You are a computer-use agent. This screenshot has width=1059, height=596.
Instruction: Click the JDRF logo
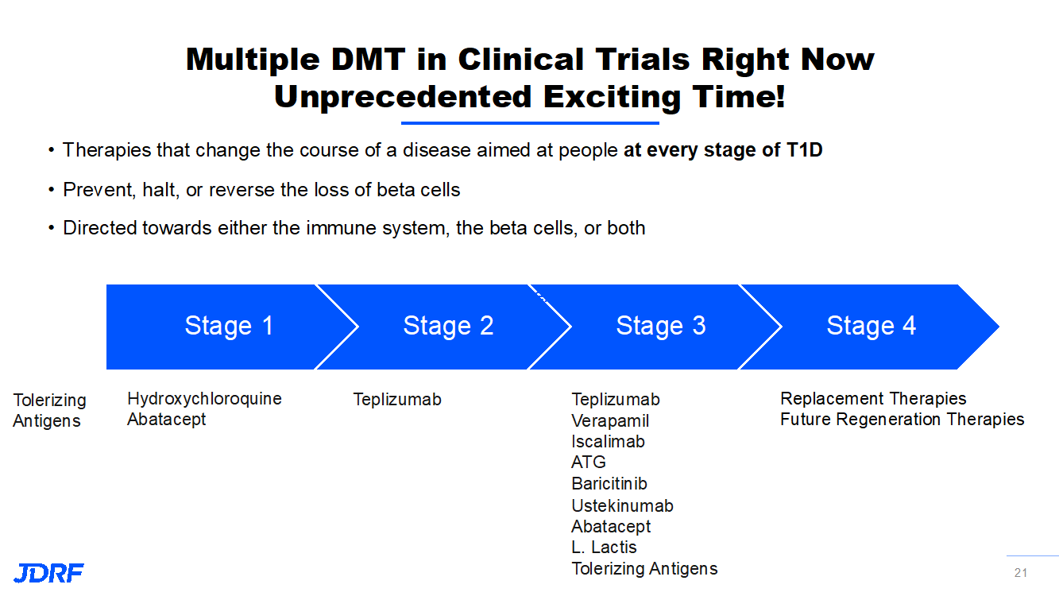tap(48, 573)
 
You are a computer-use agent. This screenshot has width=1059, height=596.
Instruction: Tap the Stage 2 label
tap(448, 326)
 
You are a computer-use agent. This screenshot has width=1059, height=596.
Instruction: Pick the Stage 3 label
tap(661, 326)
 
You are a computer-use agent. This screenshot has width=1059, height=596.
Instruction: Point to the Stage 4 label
tap(872, 326)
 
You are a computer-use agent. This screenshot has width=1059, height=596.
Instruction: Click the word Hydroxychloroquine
tap(204, 399)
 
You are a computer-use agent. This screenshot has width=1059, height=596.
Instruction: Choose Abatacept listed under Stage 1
tap(166, 420)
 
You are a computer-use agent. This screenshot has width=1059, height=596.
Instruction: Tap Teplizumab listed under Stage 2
tap(397, 400)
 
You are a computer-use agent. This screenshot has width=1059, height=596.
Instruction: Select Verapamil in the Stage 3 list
tap(610, 421)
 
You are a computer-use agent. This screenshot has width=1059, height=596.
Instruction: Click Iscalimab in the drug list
tap(608, 442)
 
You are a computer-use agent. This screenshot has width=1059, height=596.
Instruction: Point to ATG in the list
tap(589, 462)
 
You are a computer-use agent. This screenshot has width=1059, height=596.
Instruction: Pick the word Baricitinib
tap(609, 484)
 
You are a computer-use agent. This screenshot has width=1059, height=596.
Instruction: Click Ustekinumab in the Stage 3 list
tap(622, 506)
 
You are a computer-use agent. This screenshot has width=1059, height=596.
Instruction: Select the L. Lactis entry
tap(604, 548)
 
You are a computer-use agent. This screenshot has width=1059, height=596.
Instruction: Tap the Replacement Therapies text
tap(873, 399)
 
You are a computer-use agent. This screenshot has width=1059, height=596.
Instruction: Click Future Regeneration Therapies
tap(902, 420)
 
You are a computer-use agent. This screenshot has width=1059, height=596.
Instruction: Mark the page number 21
tap(1021, 573)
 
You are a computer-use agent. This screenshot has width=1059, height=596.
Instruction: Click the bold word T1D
tap(804, 150)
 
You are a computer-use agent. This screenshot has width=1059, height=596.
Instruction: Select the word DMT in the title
tap(368, 60)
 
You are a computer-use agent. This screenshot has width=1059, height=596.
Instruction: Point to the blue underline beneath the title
tap(530, 123)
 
